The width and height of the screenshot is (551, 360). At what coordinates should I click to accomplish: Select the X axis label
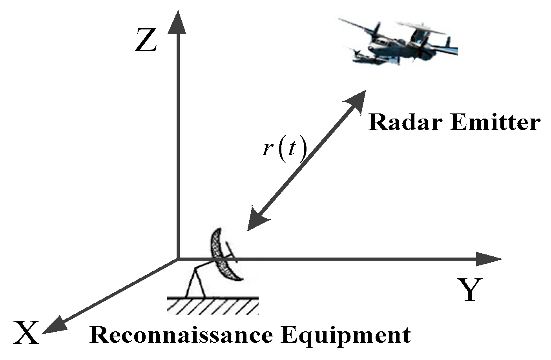(26, 333)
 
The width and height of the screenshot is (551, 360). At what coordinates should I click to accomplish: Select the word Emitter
(495, 122)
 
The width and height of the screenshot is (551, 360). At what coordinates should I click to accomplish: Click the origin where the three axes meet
(178, 259)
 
